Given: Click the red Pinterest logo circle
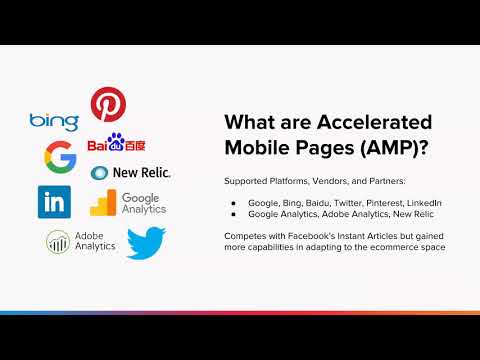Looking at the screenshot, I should [107, 104].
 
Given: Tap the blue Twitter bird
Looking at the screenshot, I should [146, 242].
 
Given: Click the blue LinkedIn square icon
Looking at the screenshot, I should [54, 201].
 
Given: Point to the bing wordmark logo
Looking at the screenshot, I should [54, 121].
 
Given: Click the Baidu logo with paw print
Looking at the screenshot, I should [120, 144].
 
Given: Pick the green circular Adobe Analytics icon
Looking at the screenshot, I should [56, 241].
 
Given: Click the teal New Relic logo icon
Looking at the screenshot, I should [99, 173].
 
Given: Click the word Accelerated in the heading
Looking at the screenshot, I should [377, 122].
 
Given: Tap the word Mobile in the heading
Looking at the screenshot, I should [260, 148].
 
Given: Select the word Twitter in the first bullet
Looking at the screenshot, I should [338, 203].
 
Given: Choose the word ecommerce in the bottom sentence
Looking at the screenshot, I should [399, 245].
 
